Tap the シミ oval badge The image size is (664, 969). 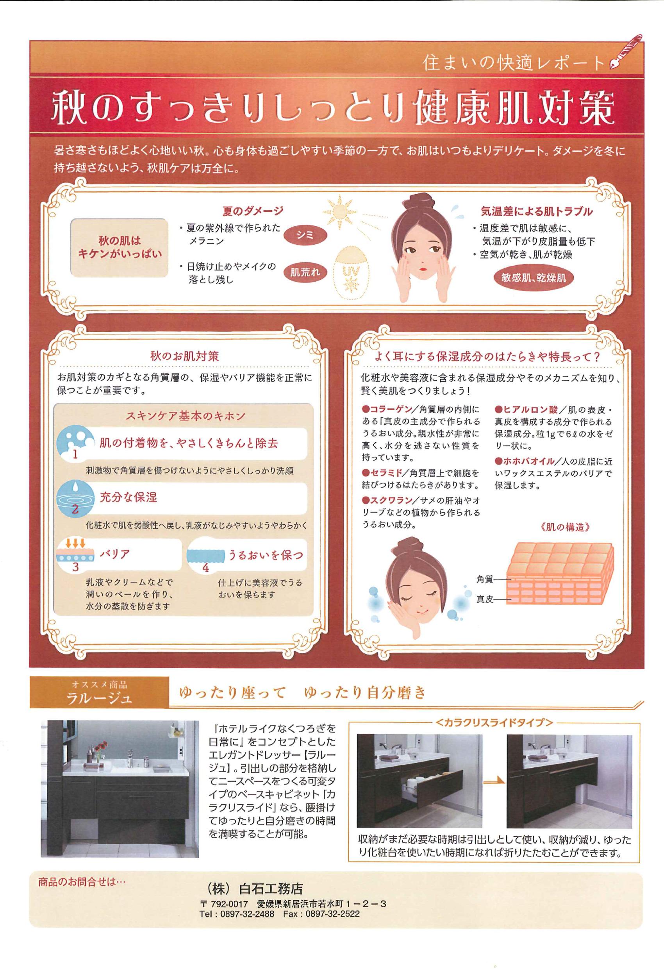click(305, 235)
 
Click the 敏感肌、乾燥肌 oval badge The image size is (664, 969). click(534, 278)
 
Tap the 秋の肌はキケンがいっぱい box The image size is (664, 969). click(119, 247)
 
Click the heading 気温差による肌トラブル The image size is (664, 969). click(537, 211)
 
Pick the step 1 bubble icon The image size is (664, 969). click(74, 443)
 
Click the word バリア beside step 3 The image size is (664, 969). click(114, 554)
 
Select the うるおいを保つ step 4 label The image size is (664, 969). click(265, 555)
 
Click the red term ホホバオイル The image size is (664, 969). click(529, 461)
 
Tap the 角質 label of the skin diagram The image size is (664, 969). click(485, 579)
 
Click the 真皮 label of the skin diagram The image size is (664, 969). click(485, 599)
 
